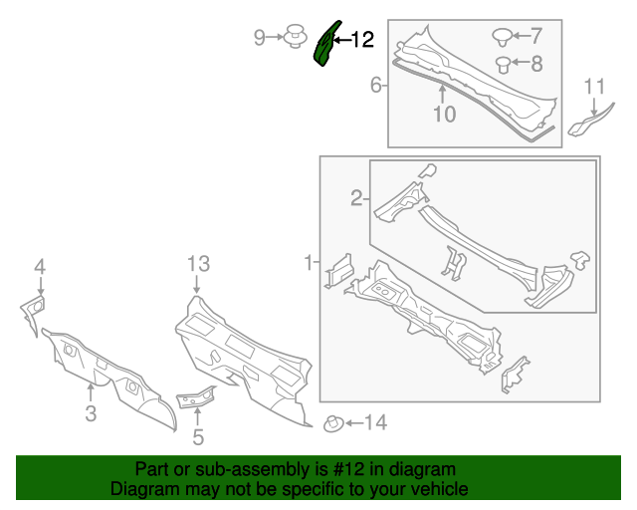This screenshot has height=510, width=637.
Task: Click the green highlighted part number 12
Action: tap(325, 46)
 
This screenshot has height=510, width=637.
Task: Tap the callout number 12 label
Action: tap(361, 40)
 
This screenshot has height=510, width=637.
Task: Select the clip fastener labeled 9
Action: tap(294, 38)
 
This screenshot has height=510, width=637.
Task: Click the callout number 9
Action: tap(259, 38)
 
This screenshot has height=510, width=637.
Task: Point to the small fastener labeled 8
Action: tap(504, 66)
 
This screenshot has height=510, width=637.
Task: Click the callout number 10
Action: tap(444, 115)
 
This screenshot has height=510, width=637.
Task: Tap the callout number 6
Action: tap(376, 86)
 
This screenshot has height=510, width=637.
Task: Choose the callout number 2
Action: tap(356, 200)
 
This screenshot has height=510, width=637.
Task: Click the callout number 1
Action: tap(309, 263)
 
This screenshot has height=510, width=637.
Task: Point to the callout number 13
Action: tap(198, 264)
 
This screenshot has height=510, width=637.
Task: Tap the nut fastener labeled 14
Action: tap(333, 424)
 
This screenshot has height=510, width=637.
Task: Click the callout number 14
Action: tap(374, 423)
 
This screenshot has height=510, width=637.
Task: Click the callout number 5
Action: tap(198, 435)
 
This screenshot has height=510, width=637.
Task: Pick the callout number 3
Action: tap(91, 412)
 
